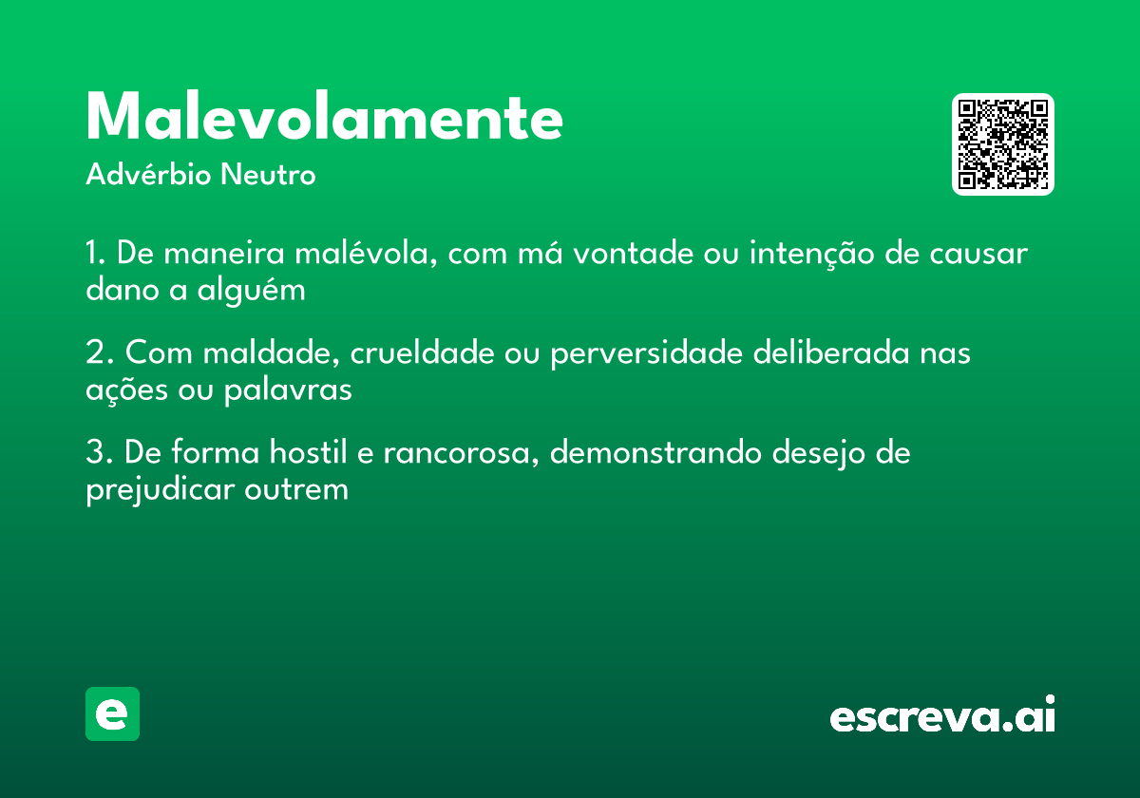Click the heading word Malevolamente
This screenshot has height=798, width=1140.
(324, 119)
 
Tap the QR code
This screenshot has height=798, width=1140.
(1003, 144)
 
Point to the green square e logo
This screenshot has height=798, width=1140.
(112, 713)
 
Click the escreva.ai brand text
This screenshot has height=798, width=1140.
(942, 715)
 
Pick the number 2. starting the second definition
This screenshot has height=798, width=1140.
(98, 353)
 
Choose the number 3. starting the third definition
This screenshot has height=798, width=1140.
(98, 453)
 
